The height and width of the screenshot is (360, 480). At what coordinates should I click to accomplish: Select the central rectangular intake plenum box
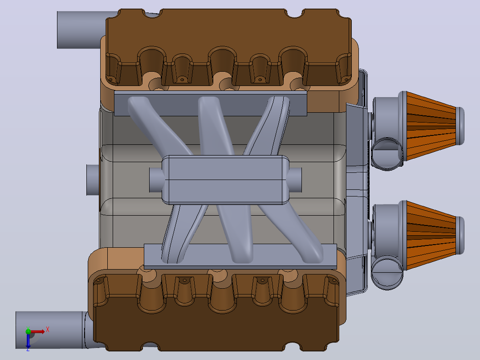(x=225, y=180)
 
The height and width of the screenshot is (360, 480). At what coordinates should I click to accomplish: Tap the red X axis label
(x=48, y=330)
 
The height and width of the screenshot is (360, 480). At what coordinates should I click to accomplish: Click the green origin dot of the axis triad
(x=28, y=331)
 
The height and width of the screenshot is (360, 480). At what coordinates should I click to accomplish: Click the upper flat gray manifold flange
(x=210, y=103)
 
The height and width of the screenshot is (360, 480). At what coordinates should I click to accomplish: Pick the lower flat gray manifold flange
(x=240, y=257)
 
